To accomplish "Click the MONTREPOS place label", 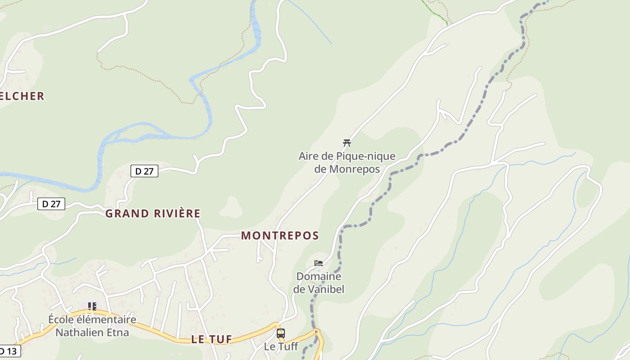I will pyautogui.click(x=280, y=235).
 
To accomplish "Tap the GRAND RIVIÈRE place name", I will pyautogui.click(x=153, y=213).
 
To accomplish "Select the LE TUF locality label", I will pyautogui.click(x=211, y=339).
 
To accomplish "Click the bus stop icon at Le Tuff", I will pyautogui.click(x=281, y=333).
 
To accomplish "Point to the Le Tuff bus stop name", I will pyautogui.click(x=281, y=346).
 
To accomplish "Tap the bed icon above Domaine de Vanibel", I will pyautogui.click(x=319, y=263).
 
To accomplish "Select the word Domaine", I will pyautogui.click(x=319, y=276).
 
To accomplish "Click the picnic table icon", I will pyautogui.click(x=346, y=143).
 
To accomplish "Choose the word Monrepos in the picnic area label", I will pyautogui.click(x=355, y=169).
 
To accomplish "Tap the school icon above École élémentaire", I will pyautogui.click(x=92, y=306).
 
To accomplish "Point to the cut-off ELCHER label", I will pyautogui.click(x=22, y=96).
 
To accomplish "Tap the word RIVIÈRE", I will pyautogui.click(x=176, y=213).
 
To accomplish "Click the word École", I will pyautogui.click(x=61, y=320).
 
